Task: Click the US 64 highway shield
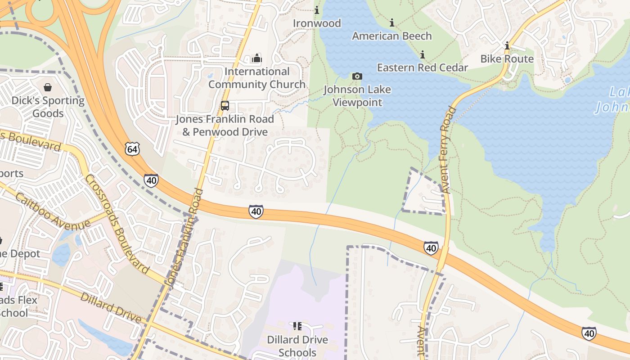pyautogui.click(x=133, y=149)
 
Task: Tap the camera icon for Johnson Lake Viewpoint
pyautogui.click(x=357, y=76)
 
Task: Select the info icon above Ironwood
pyautogui.click(x=317, y=10)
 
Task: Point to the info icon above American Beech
pyautogui.click(x=392, y=22)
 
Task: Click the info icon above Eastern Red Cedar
pyautogui.click(x=422, y=55)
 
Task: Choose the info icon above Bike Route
pyautogui.click(x=507, y=46)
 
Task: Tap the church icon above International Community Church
pyautogui.click(x=257, y=58)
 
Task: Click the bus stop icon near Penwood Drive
pyautogui.click(x=225, y=106)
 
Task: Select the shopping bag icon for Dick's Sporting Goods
pyautogui.click(x=48, y=87)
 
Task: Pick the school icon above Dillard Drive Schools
pyautogui.click(x=297, y=326)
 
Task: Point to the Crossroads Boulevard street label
pyautogui.click(x=117, y=224)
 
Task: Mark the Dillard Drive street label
pyautogui.click(x=111, y=308)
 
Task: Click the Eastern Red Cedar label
pyautogui.click(x=423, y=67)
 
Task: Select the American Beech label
pyautogui.click(x=392, y=36)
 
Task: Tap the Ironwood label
pyautogui.click(x=317, y=23)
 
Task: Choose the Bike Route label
pyautogui.click(x=507, y=59)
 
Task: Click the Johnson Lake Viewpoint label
pyautogui.click(x=357, y=96)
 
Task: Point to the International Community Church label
pyautogui.click(x=257, y=78)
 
